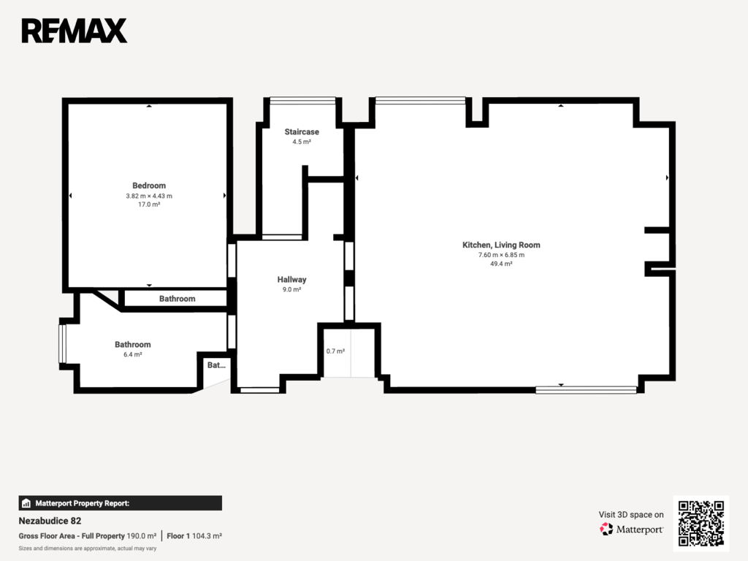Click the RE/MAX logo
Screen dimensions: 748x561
coord(75,31)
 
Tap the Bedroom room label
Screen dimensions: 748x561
coord(149,186)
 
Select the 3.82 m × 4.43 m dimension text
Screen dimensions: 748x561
coord(149,196)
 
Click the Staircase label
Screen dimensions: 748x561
coord(302,131)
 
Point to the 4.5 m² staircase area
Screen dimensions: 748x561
coord(302,142)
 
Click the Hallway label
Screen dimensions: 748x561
coord(292,280)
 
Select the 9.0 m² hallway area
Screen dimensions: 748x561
coord(292,289)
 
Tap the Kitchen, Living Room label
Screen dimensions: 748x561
coord(501,245)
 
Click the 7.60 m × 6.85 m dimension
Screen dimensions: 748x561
coord(501,255)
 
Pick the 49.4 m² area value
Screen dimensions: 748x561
coord(501,264)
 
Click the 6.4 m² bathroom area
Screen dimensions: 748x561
coord(133,354)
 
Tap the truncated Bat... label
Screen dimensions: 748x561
coord(216,365)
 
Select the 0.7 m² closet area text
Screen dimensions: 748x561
coord(335,351)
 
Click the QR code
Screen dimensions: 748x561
coord(701,523)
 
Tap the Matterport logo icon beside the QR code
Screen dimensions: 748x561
coord(606,529)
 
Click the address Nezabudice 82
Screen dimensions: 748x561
coord(50,521)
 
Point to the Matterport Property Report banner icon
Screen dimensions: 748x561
coord(26,503)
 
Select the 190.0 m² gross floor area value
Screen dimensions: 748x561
coord(141,536)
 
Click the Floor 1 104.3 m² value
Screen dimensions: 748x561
coord(194,536)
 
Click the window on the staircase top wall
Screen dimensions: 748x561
coord(303,100)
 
